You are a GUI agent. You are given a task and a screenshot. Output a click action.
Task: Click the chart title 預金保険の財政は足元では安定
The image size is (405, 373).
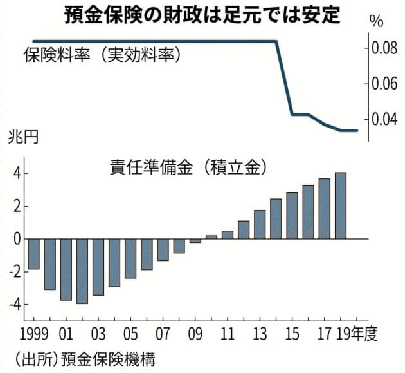click(x=203, y=15)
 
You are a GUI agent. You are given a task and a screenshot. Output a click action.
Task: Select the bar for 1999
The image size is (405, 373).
click(x=33, y=254)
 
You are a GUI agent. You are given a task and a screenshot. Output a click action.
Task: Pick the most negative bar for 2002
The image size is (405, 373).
click(x=82, y=271)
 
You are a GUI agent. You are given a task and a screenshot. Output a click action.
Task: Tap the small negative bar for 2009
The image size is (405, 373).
click(x=195, y=241)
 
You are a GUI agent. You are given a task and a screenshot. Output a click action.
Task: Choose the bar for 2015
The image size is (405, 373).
click(x=292, y=216)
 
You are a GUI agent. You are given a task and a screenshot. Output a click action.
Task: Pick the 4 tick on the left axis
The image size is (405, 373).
click(x=17, y=174)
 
